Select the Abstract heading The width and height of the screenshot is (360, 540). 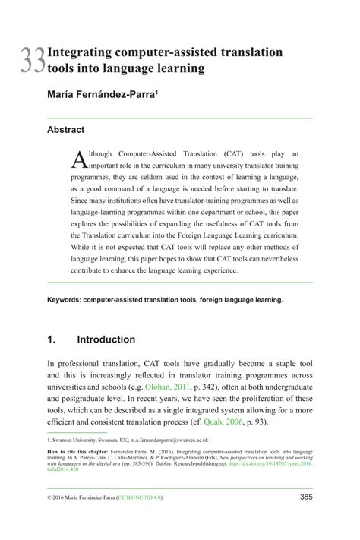pos(65,130)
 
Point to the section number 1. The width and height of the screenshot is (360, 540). pos(51,339)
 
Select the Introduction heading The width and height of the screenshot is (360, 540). pos(106,339)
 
